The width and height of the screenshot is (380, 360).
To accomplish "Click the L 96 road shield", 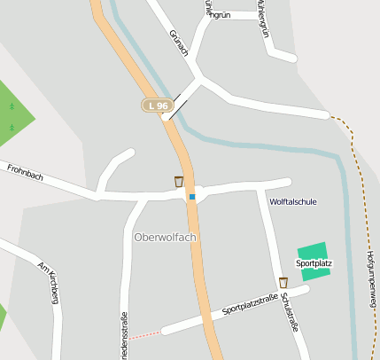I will (x=156, y=106).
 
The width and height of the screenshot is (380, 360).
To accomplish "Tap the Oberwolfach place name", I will (x=165, y=237).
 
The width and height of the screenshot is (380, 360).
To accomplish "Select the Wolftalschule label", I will (x=292, y=201).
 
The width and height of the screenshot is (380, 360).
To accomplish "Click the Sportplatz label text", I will (x=314, y=263).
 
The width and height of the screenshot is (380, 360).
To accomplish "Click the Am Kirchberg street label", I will (x=48, y=282).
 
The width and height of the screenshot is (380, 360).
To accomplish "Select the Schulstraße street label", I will (x=290, y=313).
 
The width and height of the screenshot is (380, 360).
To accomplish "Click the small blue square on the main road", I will (x=191, y=197).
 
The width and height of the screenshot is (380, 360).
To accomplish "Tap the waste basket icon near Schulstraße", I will (x=283, y=282).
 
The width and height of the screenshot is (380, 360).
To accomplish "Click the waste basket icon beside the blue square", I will (x=179, y=182).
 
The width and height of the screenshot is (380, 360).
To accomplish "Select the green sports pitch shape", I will (x=313, y=252).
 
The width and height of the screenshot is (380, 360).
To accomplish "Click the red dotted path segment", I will (x=147, y=335).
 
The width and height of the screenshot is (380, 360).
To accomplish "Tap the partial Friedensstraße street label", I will (x=123, y=338).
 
